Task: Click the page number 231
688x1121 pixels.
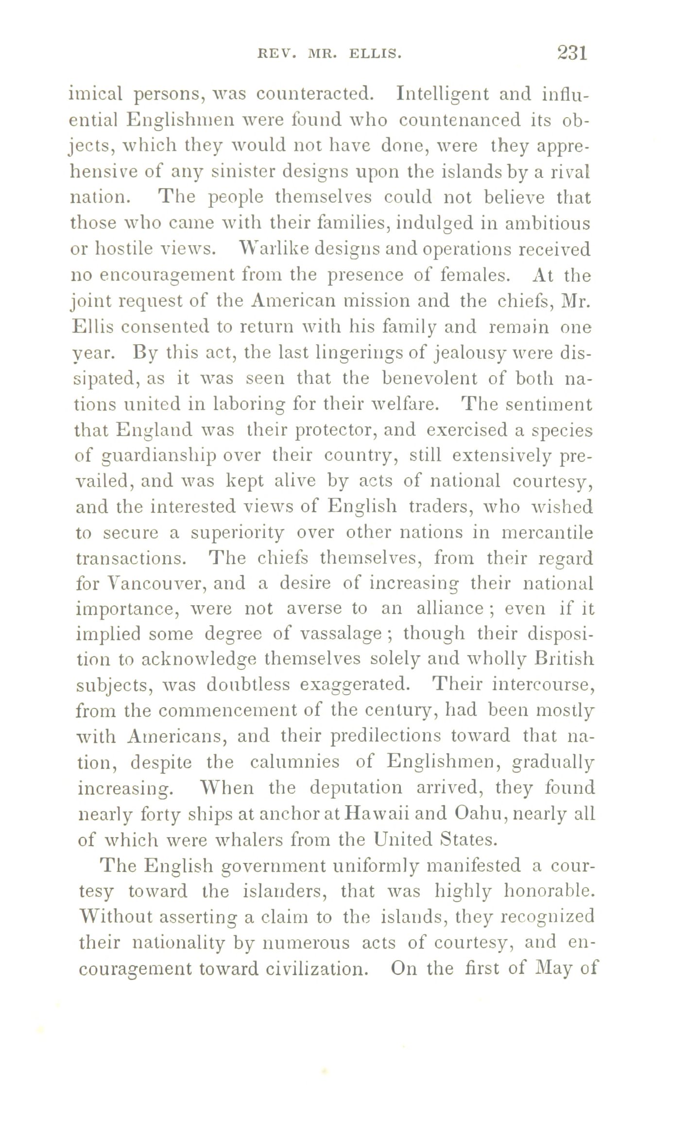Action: (573, 53)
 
